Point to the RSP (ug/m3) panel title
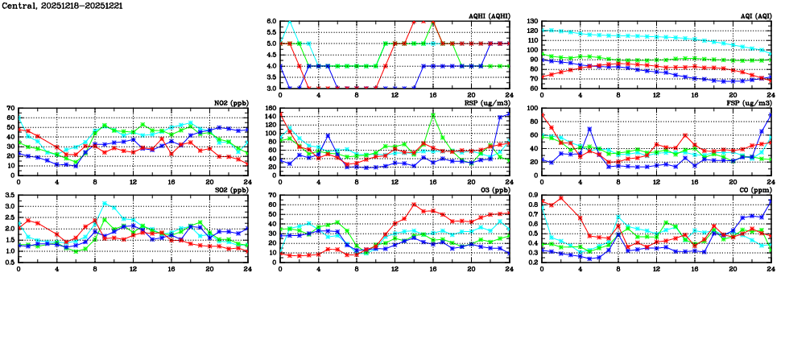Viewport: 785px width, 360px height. (486, 103)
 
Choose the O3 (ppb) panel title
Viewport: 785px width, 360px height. (493, 191)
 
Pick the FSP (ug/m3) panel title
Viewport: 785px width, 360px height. (749, 103)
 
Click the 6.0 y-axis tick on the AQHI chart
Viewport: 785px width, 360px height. (271, 21)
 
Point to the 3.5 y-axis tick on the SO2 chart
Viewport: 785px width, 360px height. (10, 196)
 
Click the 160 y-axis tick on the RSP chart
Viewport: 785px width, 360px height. (270, 108)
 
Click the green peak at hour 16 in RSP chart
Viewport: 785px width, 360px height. (433, 114)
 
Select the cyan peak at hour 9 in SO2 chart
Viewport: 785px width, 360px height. (104, 204)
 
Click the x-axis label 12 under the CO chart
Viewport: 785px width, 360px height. (656, 268)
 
